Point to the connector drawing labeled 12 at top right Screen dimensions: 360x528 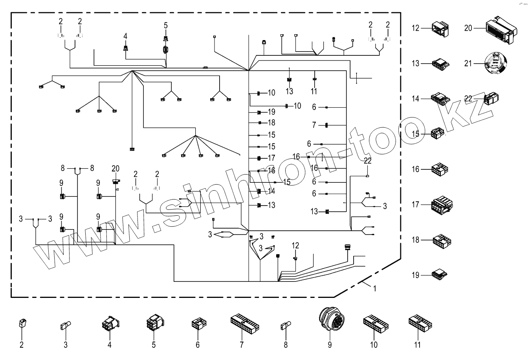click(x=440, y=28)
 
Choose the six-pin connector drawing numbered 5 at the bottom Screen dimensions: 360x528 click(x=154, y=323)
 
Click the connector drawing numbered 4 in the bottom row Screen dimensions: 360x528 click(x=109, y=323)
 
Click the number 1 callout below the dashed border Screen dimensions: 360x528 click(x=374, y=288)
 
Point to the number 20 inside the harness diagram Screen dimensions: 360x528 click(x=115, y=168)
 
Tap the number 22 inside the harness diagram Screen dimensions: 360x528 click(x=367, y=160)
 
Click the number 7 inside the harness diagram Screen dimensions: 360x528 click(x=314, y=125)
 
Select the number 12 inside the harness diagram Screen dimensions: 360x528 click(x=295, y=245)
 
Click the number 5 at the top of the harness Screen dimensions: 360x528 click(x=165, y=25)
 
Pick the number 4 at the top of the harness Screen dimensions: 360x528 click(x=125, y=36)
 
